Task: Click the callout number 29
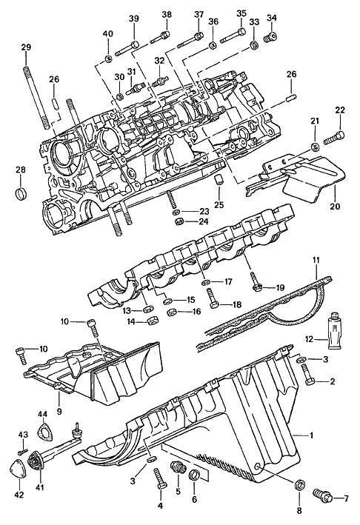[26, 47]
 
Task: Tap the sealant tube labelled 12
[336, 331]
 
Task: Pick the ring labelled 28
[21, 194]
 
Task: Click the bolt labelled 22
[334, 138]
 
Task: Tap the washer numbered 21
[315, 147]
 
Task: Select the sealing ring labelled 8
[299, 484]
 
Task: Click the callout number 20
[335, 206]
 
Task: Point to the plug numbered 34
[270, 37]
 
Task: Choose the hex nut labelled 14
[153, 321]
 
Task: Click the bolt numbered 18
[213, 298]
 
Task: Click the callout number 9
[59, 411]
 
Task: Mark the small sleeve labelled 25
[219, 178]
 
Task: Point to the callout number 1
[311, 435]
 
